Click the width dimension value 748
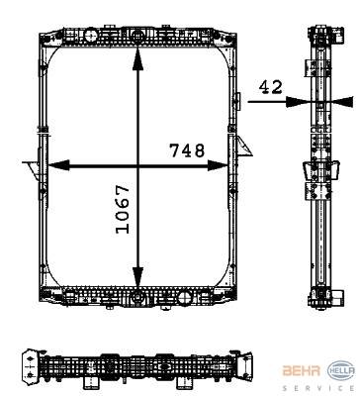click(186, 150)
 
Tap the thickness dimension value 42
click(269, 87)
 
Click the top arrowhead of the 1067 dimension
click(138, 56)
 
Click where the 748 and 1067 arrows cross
click(138, 165)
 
